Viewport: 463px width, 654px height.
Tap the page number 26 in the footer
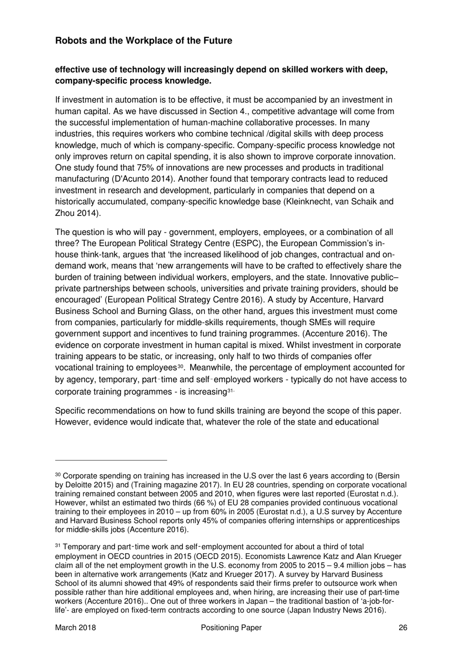[x=403, y=628]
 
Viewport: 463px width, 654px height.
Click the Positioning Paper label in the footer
[x=231, y=628]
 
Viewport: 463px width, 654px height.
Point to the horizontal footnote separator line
[x=111, y=460]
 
